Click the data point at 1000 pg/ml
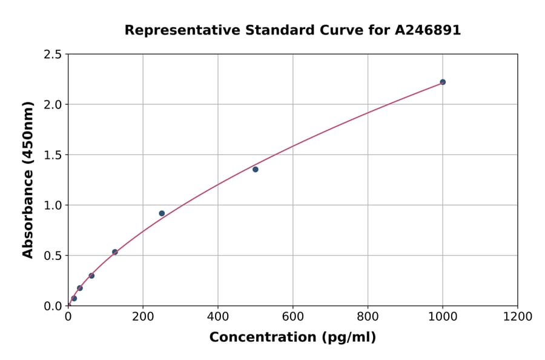click(x=443, y=82)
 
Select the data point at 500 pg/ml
click(x=256, y=169)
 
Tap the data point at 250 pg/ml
click(x=162, y=213)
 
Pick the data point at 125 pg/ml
click(x=115, y=252)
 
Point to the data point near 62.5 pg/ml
click(x=91, y=276)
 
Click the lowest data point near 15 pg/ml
click(x=74, y=298)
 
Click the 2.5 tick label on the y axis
click(x=53, y=55)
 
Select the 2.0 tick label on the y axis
click(x=53, y=105)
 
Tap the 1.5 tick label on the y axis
click(x=53, y=155)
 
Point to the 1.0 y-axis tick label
click(x=53, y=205)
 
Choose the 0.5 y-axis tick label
click(x=53, y=256)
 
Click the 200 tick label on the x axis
click(x=143, y=316)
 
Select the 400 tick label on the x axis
click(x=218, y=316)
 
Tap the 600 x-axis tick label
click(x=293, y=316)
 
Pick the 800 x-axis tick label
click(x=368, y=316)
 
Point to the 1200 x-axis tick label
click(x=518, y=316)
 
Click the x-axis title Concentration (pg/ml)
click(x=292, y=338)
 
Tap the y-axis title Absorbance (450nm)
click(x=28, y=179)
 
